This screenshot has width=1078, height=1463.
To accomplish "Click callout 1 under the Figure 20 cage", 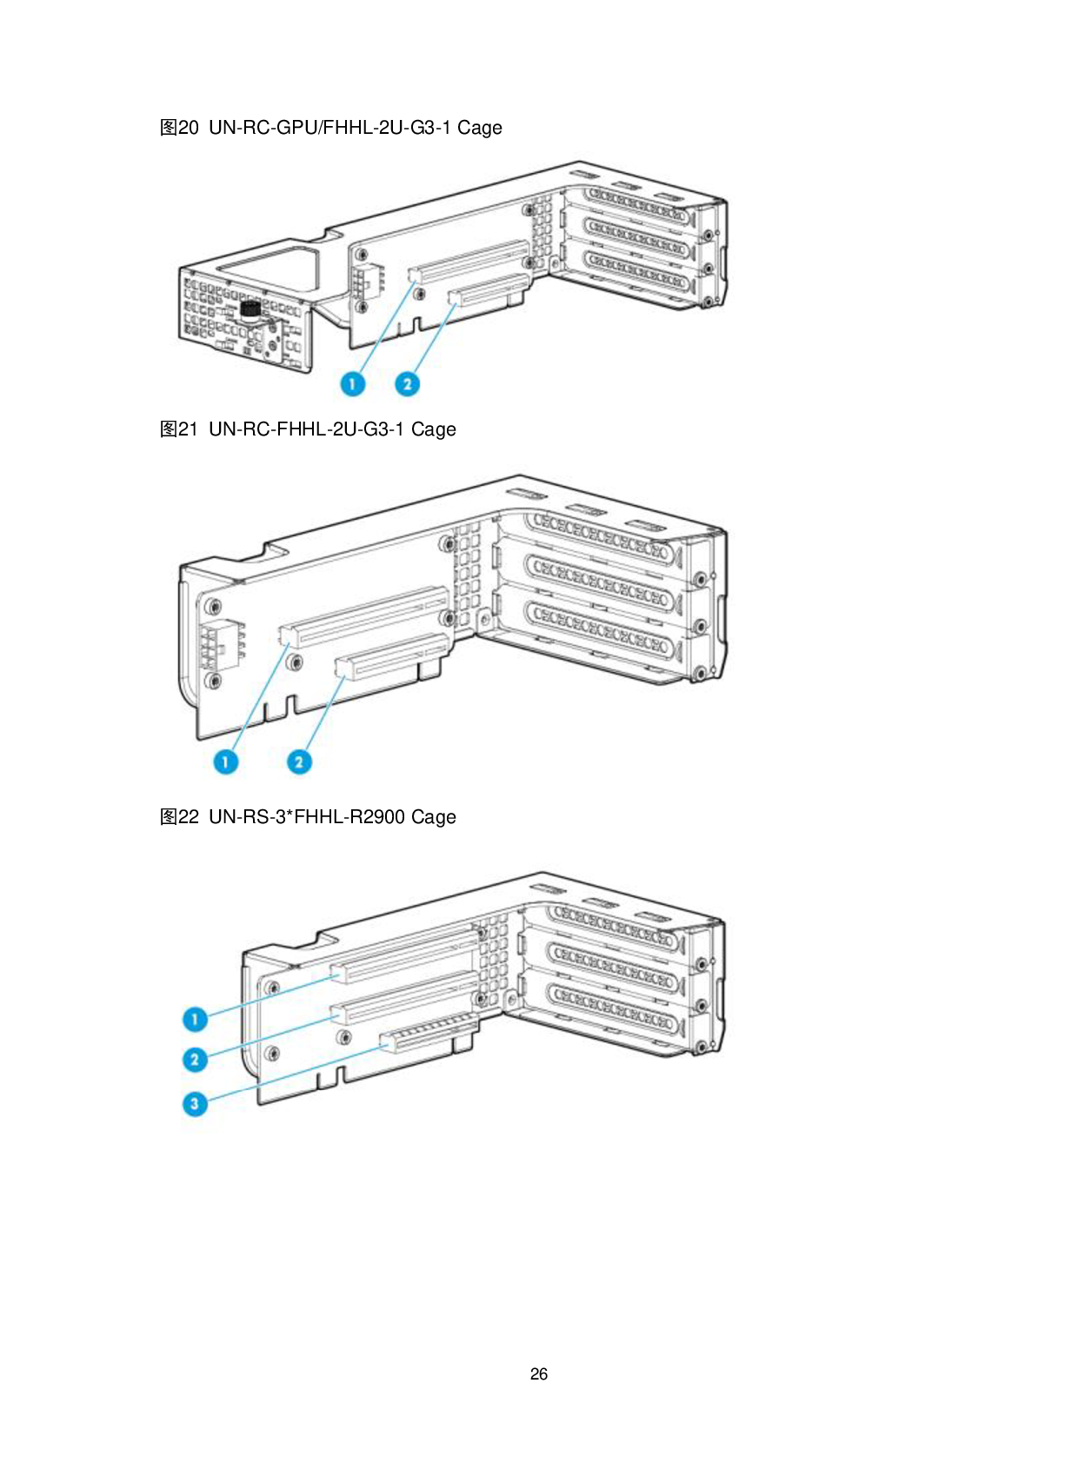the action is tap(353, 383).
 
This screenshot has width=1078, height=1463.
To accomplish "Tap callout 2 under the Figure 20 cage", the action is tap(408, 383).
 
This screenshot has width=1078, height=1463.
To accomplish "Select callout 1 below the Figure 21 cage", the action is tap(226, 761).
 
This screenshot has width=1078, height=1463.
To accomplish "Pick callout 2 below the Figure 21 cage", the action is tap(299, 761).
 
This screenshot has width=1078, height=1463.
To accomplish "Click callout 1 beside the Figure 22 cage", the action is tap(195, 1019).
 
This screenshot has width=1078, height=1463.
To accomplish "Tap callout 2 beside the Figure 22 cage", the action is tap(195, 1059).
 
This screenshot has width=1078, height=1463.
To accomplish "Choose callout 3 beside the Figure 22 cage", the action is tap(195, 1104).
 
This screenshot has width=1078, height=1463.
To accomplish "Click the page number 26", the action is tap(539, 1374).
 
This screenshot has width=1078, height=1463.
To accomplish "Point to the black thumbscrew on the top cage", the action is tap(250, 310).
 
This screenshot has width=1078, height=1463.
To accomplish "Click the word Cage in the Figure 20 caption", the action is tap(480, 128).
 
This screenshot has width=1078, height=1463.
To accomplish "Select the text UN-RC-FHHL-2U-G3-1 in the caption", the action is tap(306, 429).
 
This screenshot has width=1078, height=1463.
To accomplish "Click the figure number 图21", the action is tap(179, 429).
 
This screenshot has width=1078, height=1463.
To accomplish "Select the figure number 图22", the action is tap(179, 816).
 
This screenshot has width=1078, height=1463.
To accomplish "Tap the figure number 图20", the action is tap(179, 128).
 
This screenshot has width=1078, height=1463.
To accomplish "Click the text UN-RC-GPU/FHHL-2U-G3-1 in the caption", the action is tap(329, 128).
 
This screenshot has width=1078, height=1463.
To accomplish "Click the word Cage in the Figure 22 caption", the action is tap(433, 817).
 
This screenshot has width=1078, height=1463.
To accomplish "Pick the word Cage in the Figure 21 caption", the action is tap(433, 429).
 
